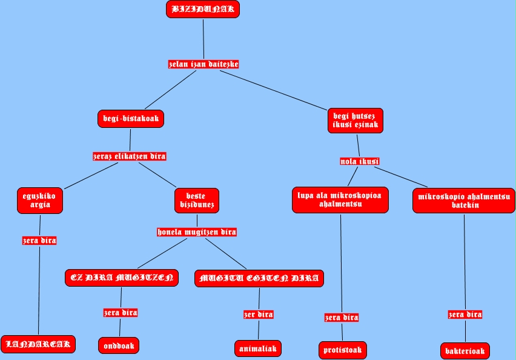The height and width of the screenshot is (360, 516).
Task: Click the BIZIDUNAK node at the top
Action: [x=203, y=9]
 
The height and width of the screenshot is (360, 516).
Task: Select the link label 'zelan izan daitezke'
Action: [x=203, y=64]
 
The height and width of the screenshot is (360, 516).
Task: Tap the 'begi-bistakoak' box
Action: [x=131, y=119]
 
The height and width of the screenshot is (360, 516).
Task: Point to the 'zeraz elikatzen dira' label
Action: [x=129, y=156]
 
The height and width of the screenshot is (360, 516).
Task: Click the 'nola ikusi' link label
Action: [x=360, y=161]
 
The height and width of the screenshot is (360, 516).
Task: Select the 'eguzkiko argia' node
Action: [x=41, y=201]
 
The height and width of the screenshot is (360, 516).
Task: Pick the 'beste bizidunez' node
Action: [x=197, y=201]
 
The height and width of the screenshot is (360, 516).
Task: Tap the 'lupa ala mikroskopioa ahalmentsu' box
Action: [x=340, y=200]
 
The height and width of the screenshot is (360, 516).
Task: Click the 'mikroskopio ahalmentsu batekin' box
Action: [x=465, y=201]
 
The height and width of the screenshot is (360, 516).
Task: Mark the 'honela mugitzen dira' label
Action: [x=197, y=232]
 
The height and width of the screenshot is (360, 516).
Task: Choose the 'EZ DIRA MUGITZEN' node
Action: [x=122, y=278]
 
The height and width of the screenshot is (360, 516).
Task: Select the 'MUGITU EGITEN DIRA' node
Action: [x=259, y=278]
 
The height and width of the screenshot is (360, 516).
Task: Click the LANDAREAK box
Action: [x=38, y=344]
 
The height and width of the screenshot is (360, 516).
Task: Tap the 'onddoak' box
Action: [x=119, y=345]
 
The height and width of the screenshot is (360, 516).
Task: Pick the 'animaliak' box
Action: [x=258, y=348]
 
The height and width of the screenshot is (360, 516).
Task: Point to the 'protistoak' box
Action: [x=342, y=350]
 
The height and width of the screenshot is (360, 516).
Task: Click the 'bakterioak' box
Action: [x=465, y=351]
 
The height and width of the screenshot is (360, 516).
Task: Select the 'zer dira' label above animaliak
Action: [x=259, y=315]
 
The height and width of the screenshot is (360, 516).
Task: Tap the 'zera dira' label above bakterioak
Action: [x=465, y=315]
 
